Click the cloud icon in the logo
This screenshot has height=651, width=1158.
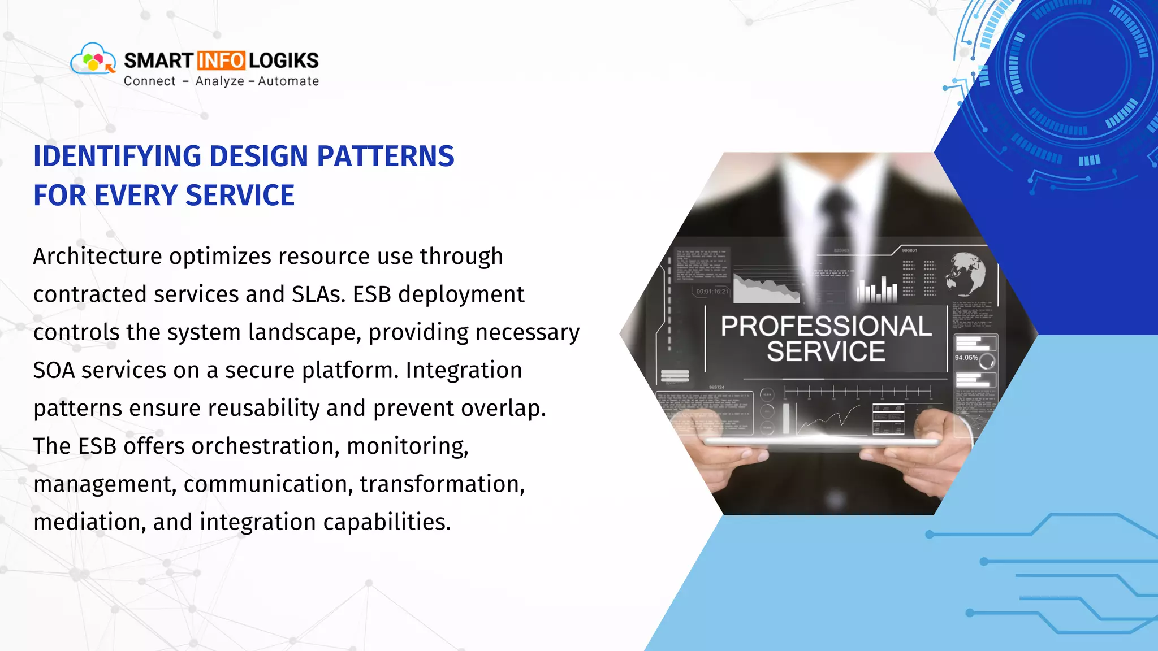click(92, 59)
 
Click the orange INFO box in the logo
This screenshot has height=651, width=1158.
click(221, 60)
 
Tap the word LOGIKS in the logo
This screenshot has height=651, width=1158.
click(283, 60)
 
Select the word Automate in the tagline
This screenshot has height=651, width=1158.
click(288, 81)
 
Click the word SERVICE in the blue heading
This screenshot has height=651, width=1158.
click(240, 196)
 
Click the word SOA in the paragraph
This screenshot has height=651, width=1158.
click(54, 371)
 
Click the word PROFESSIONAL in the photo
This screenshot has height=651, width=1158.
click(826, 327)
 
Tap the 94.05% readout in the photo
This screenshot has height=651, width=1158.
click(966, 358)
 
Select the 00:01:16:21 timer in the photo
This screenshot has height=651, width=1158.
click(712, 292)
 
